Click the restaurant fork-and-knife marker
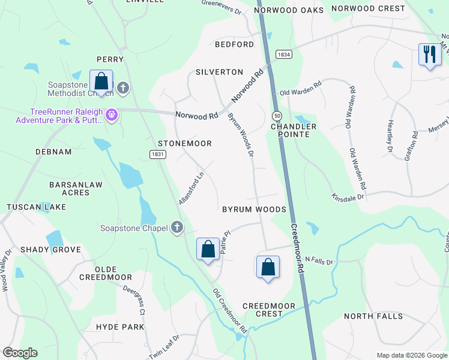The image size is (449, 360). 429,55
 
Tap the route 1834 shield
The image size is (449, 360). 284,55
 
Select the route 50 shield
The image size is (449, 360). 277,115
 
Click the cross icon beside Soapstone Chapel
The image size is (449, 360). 176,227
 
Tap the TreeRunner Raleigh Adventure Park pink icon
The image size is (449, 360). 111,114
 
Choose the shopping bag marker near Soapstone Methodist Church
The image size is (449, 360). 101,82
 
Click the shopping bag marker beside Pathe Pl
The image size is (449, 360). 208,249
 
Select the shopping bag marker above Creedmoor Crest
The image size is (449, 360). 268,267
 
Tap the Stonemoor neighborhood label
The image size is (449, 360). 185,144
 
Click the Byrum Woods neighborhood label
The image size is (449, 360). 254,209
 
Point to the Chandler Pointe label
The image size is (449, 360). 293,130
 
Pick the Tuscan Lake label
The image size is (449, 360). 28,207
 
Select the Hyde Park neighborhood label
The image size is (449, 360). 120,327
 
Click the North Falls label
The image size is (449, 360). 370,316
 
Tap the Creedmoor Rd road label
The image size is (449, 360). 298,249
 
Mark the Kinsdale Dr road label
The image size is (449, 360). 348,196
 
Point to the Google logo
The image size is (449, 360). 20,353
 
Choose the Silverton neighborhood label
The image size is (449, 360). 219,72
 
